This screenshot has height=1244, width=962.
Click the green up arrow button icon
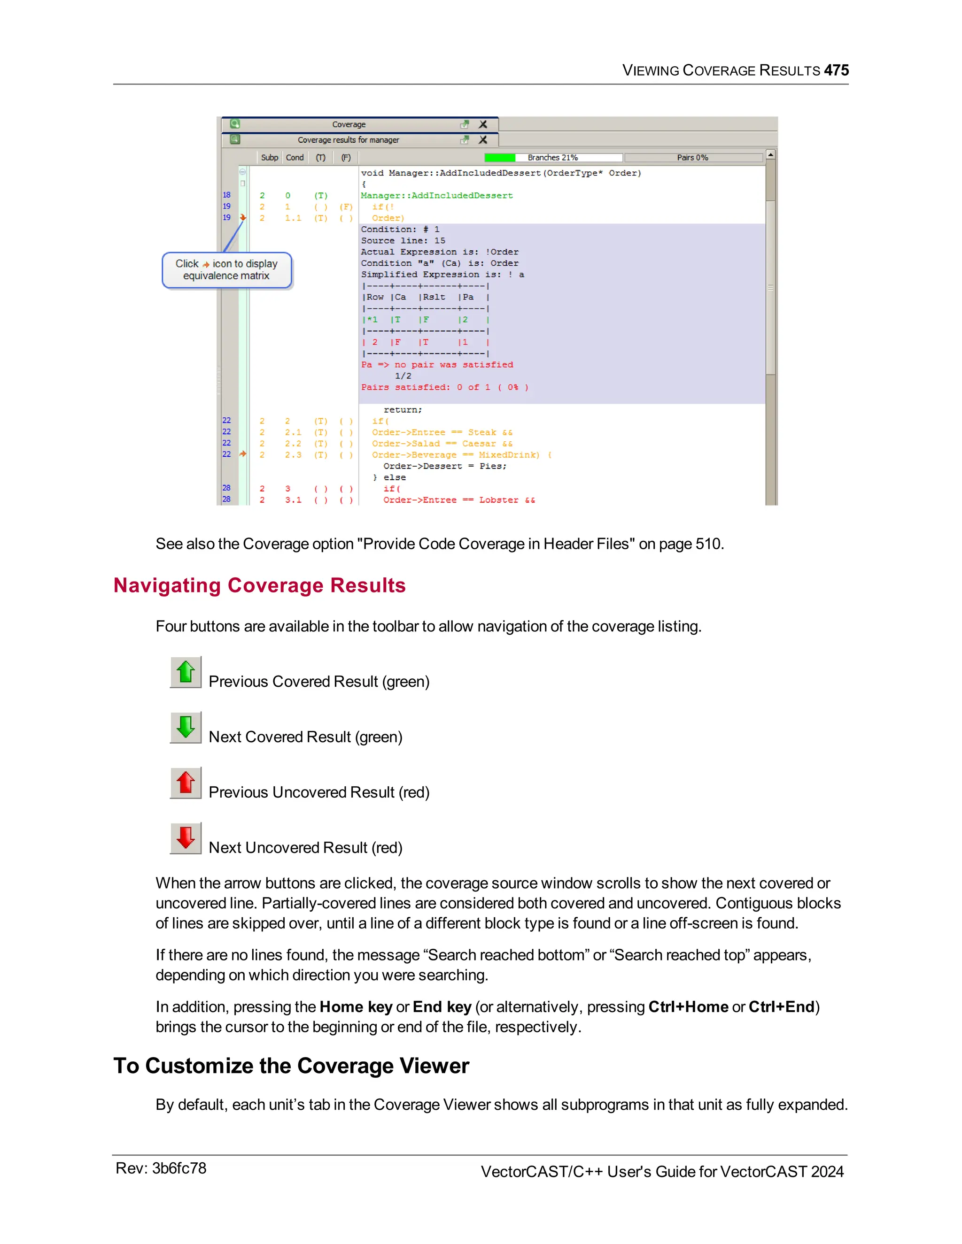186,672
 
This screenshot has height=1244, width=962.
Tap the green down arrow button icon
186,727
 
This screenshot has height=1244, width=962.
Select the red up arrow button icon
186,783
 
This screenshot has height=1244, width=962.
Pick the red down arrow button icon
186,838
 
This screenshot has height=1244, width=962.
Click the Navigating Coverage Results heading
259,585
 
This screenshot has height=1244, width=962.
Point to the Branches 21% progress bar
552,158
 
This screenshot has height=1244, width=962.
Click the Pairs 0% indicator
692,158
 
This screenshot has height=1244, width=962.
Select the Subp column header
270,158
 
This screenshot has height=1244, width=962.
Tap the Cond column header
295,158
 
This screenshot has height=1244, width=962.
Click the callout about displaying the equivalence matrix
227,270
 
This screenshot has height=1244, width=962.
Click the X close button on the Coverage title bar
483,124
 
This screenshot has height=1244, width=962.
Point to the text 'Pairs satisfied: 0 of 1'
444,387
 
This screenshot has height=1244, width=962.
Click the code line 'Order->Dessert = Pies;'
444,466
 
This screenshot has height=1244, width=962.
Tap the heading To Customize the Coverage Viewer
291,1066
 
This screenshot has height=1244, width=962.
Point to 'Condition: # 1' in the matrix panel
400,230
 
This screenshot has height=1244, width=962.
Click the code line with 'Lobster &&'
459,500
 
